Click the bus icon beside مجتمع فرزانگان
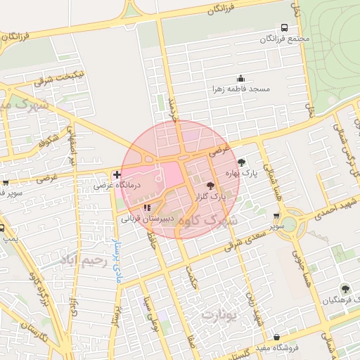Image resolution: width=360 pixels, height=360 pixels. (x=283, y=27)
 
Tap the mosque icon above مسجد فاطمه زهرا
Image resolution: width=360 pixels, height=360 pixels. (x=240, y=79)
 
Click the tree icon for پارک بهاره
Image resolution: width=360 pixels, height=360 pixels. (x=243, y=162)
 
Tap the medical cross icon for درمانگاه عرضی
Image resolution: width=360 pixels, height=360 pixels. (x=117, y=174)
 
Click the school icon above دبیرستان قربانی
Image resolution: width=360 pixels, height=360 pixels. (x=147, y=207)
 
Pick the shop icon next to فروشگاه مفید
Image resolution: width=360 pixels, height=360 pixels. (x=277, y=337)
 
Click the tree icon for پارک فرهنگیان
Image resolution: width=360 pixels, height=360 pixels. (x=345, y=288)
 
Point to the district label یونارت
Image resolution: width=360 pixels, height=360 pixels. (x=221, y=314)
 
